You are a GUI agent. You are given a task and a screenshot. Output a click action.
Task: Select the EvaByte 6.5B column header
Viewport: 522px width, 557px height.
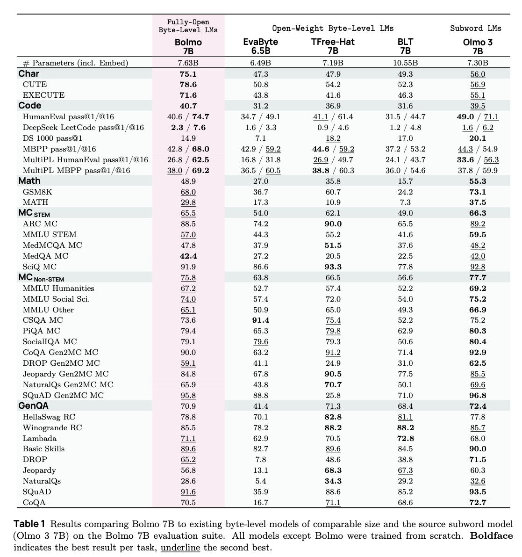[257, 46]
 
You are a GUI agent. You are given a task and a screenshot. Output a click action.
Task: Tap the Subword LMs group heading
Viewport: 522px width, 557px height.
[475, 28]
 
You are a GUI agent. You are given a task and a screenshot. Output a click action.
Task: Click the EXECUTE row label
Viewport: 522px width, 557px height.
[43, 95]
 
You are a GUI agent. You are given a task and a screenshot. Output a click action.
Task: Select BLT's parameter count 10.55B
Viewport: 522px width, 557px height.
[405, 63]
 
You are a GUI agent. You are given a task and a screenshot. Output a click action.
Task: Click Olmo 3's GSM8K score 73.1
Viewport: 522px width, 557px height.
[477, 192]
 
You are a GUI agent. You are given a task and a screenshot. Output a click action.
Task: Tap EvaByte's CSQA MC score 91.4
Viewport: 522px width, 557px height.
[260, 320]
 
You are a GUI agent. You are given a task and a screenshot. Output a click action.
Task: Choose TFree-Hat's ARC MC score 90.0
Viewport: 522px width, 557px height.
[333, 224]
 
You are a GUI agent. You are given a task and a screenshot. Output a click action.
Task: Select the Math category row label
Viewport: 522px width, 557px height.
[29, 181]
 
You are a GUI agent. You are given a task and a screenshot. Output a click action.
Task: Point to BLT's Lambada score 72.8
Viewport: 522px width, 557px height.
[405, 438]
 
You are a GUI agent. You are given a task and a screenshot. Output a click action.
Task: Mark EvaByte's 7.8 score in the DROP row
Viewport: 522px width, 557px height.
[260, 460]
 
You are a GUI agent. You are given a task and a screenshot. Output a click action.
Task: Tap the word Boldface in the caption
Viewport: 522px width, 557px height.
[491, 536]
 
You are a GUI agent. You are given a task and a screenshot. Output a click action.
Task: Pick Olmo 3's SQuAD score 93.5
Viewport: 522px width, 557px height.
[477, 492]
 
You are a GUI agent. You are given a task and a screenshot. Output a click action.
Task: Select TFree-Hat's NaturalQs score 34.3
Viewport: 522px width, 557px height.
[333, 481]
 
